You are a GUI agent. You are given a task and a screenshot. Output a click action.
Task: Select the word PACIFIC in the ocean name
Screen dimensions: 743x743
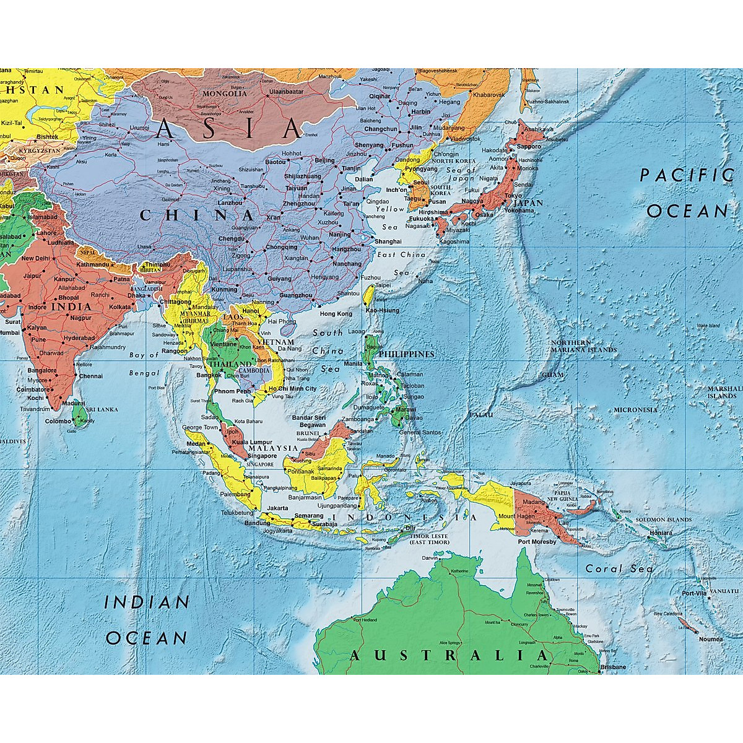click(x=685, y=175)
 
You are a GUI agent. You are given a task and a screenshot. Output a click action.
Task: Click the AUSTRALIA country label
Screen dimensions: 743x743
click(x=448, y=656)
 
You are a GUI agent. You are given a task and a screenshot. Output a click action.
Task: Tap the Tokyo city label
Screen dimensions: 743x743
click(x=513, y=196)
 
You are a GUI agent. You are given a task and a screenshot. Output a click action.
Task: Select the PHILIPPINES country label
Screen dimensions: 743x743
click(x=406, y=354)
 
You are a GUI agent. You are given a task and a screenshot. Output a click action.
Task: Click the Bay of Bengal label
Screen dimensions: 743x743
click(x=144, y=364)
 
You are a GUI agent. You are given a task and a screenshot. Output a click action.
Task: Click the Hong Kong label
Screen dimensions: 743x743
click(x=336, y=314)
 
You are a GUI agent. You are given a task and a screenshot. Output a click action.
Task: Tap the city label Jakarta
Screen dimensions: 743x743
click(x=277, y=508)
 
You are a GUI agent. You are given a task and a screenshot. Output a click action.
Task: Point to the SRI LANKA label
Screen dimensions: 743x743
click(x=102, y=410)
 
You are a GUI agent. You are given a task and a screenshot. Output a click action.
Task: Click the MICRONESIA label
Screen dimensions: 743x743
click(x=635, y=410)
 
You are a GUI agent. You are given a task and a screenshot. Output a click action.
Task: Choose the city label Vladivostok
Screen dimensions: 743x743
click(x=464, y=139)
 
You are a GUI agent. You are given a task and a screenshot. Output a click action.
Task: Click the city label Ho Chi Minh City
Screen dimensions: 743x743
click(x=292, y=389)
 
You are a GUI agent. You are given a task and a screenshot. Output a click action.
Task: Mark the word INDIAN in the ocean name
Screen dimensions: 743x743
click(x=147, y=602)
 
